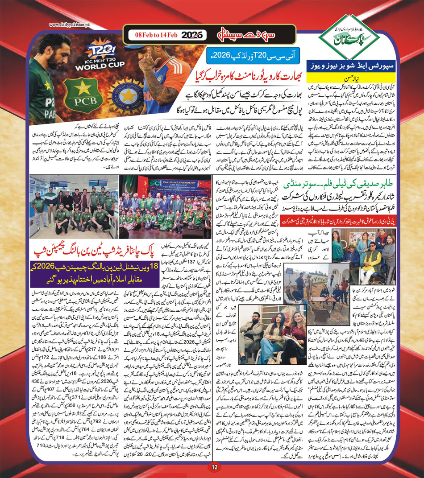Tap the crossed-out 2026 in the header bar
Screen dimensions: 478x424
coord(192,35)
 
